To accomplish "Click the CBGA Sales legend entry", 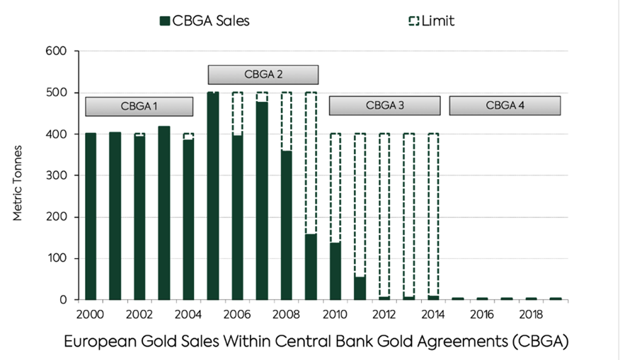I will tap(205, 21).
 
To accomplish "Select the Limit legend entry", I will tap(430, 21).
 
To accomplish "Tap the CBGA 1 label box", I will tap(139, 106).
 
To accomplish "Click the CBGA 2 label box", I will tap(263, 74).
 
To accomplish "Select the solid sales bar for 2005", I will tap(212, 196).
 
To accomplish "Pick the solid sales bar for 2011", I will tap(360, 289).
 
